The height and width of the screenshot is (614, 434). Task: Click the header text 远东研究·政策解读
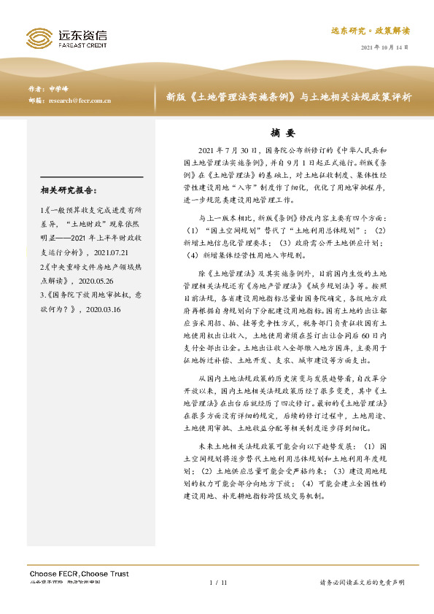pos(371,31)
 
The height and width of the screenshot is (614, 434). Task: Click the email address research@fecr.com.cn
pos(79,101)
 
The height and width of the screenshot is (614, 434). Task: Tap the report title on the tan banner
pos(288,96)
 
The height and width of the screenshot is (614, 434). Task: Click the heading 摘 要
pos(281,133)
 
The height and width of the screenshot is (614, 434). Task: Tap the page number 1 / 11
pos(218,583)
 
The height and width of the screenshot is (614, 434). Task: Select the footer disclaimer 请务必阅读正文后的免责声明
pos(362,583)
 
